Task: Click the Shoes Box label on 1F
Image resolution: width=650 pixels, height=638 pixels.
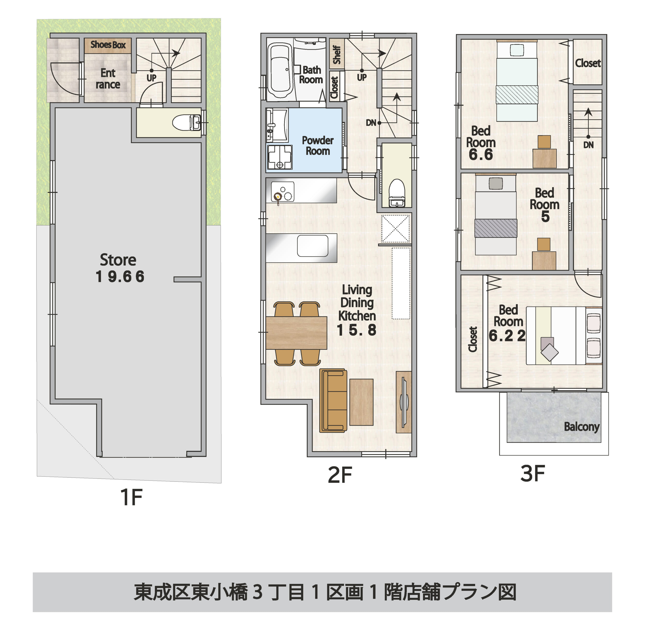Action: (x=108, y=45)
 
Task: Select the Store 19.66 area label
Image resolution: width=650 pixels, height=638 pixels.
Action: (x=120, y=268)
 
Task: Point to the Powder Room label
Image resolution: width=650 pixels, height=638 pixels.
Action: (x=318, y=145)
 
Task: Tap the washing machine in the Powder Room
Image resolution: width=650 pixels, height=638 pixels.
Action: (x=280, y=157)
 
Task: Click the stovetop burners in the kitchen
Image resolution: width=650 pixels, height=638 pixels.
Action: (x=282, y=192)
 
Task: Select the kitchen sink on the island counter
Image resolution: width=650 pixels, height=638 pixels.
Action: (x=313, y=246)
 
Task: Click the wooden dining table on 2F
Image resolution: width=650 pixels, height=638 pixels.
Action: (x=296, y=333)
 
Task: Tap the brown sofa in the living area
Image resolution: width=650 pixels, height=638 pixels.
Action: (x=333, y=400)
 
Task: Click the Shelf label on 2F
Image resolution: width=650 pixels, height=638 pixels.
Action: (x=337, y=55)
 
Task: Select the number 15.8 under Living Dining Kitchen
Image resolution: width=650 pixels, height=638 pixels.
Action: (x=356, y=330)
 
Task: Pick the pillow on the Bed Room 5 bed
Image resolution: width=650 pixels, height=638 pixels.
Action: (x=496, y=183)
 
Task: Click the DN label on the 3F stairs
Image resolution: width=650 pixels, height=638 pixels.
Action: (x=588, y=145)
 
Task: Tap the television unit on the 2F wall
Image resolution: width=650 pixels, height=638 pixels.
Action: (x=404, y=402)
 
